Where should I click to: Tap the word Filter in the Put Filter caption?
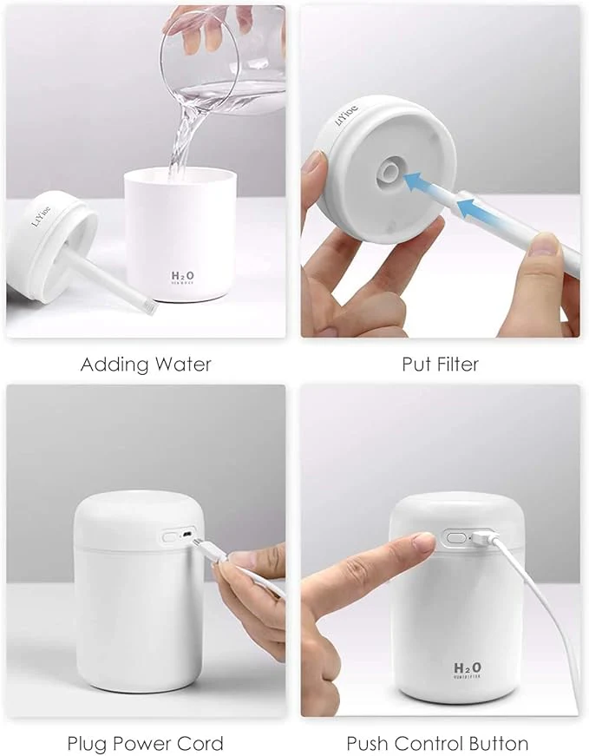pyautogui.click(x=452, y=365)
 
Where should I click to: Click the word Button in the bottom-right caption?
pyautogui.click(x=497, y=744)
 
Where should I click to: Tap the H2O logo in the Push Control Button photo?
pyautogui.click(x=468, y=668)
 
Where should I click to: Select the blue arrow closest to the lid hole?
pyautogui.click(x=418, y=183)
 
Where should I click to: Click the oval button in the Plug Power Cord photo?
pyautogui.click(x=169, y=537)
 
